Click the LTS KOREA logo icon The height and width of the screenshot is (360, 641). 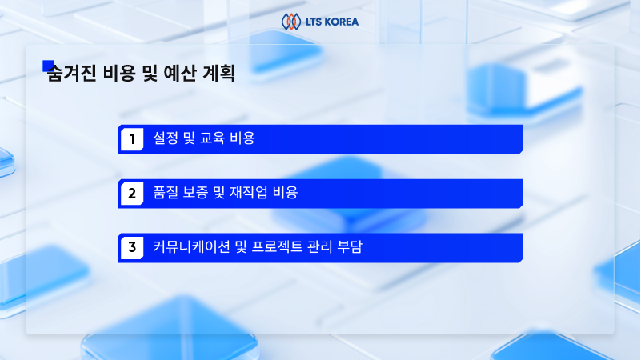[x=291, y=22]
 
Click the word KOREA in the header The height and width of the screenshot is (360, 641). [x=341, y=22]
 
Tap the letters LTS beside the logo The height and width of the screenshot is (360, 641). [x=314, y=22]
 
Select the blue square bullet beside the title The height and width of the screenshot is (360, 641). [x=48, y=66]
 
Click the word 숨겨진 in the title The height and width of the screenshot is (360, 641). [x=72, y=74]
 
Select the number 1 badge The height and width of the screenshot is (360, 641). [x=132, y=139]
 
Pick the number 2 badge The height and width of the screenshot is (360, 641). [x=132, y=194]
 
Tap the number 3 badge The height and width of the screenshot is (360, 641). [x=132, y=247]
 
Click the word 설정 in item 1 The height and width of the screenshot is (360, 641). [x=166, y=138]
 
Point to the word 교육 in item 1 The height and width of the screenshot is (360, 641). [x=212, y=138]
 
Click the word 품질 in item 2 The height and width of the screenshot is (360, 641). [x=166, y=193]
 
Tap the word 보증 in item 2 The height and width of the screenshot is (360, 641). [x=195, y=193]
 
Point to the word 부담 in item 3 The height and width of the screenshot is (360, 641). [x=350, y=246]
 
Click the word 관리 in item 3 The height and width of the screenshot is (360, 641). [x=320, y=246]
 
